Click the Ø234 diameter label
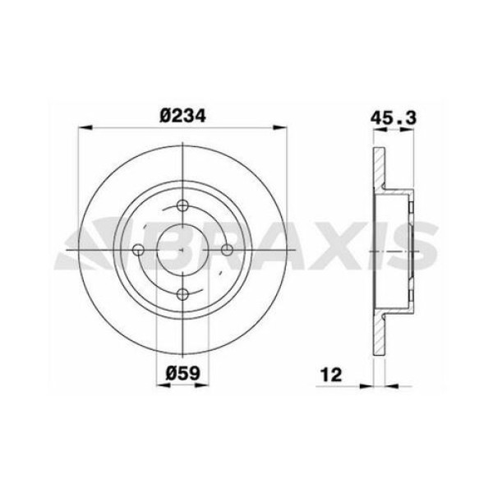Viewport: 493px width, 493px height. [x=182, y=115]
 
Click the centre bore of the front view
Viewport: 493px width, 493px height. [x=182, y=250]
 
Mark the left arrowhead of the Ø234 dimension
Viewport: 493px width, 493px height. [x=81, y=127]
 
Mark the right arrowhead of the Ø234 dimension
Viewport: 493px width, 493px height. [x=283, y=127]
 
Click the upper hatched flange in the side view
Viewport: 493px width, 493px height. [x=379, y=168]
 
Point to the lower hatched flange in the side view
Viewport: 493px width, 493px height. [x=379, y=333]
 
